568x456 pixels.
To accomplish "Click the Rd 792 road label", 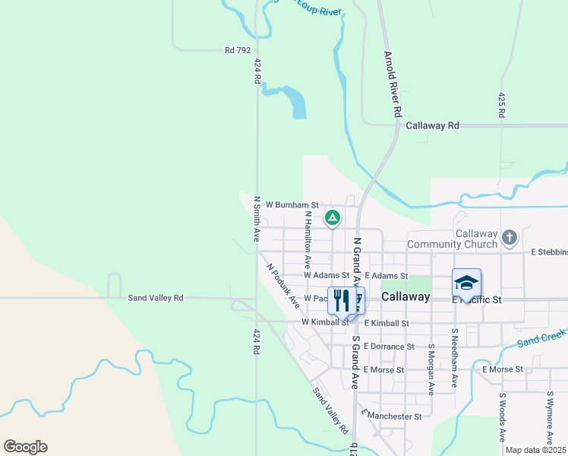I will tap(238, 50).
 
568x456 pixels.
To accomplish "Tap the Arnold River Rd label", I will tap(392, 84).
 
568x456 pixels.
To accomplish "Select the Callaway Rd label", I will tap(433, 125).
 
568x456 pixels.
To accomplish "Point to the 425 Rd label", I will tap(501, 105).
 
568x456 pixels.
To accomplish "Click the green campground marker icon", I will tap(332, 218).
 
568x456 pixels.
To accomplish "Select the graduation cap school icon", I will tap(466, 283).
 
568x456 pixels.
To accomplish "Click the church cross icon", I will tap(510, 239).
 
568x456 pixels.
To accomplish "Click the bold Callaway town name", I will tap(405, 296).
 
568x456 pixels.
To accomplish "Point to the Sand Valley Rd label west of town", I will tap(156, 298).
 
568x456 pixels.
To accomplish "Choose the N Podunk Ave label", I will tap(282, 286).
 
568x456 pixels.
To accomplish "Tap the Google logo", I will tap(25, 447).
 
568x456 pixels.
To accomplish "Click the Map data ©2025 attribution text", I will tap(535, 450).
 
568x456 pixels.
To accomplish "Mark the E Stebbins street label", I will tap(549, 252).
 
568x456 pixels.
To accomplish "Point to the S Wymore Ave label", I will tap(550, 416).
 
